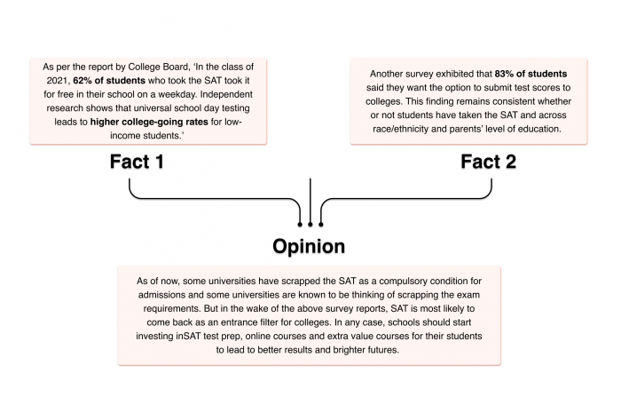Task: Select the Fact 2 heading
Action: click(489, 163)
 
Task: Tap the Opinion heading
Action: click(309, 245)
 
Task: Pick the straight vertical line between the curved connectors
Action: click(310, 200)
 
